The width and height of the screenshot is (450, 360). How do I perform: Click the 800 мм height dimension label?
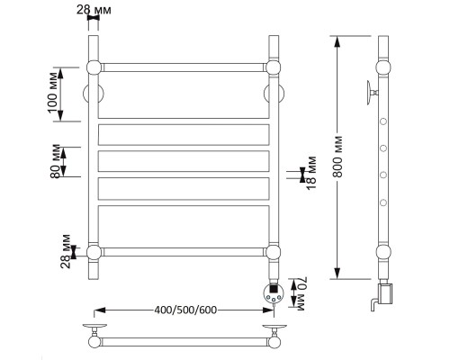(337, 157)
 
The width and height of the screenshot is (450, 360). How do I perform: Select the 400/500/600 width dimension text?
(185, 310)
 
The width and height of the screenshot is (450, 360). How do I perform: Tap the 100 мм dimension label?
(52, 93)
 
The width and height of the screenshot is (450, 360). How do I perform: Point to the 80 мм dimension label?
(55, 161)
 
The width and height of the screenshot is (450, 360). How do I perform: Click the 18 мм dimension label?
(311, 174)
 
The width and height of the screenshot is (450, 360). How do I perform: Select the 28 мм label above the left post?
(94, 10)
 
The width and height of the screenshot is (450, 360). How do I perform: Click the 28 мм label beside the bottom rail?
(66, 251)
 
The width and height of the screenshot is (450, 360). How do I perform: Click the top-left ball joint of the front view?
(94, 67)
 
